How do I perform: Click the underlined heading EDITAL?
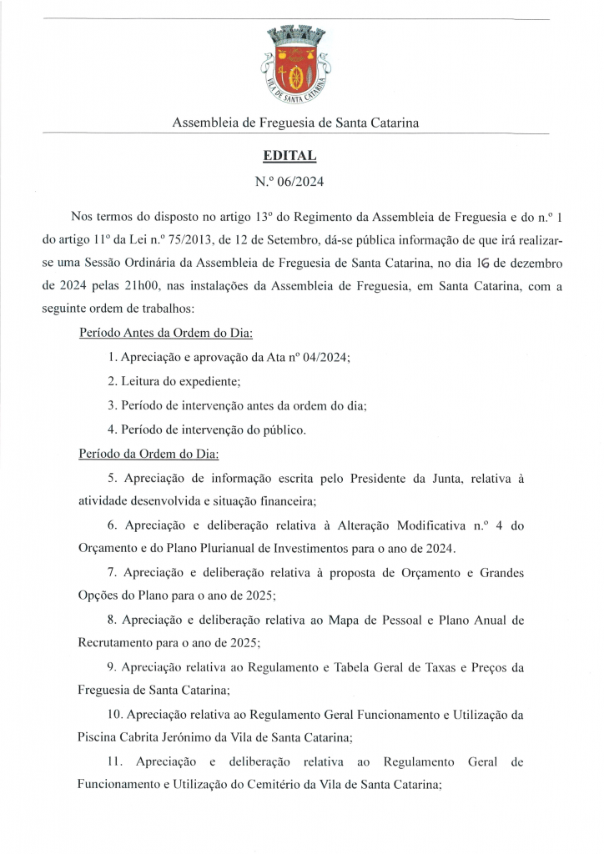click(x=289, y=155)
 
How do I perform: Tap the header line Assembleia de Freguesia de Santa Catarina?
click(x=295, y=123)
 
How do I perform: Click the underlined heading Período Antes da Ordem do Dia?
click(x=166, y=334)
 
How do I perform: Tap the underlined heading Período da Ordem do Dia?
click(x=148, y=455)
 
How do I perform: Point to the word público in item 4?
click(x=281, y=430)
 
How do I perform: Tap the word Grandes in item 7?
click(x=500, y=575)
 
